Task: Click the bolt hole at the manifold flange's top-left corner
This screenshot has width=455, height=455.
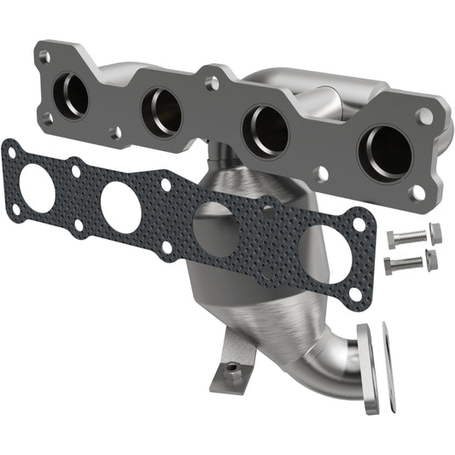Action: [44, 56]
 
